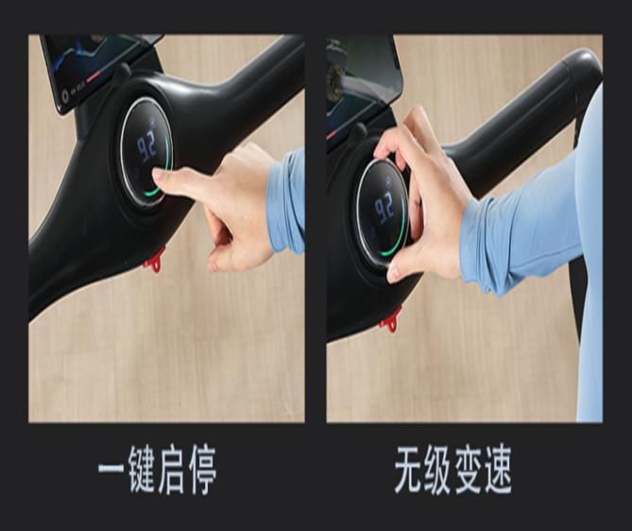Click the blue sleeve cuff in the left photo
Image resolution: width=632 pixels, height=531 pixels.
tap(283, 203)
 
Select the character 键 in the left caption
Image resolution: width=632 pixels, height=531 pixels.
tap(143, 470)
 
